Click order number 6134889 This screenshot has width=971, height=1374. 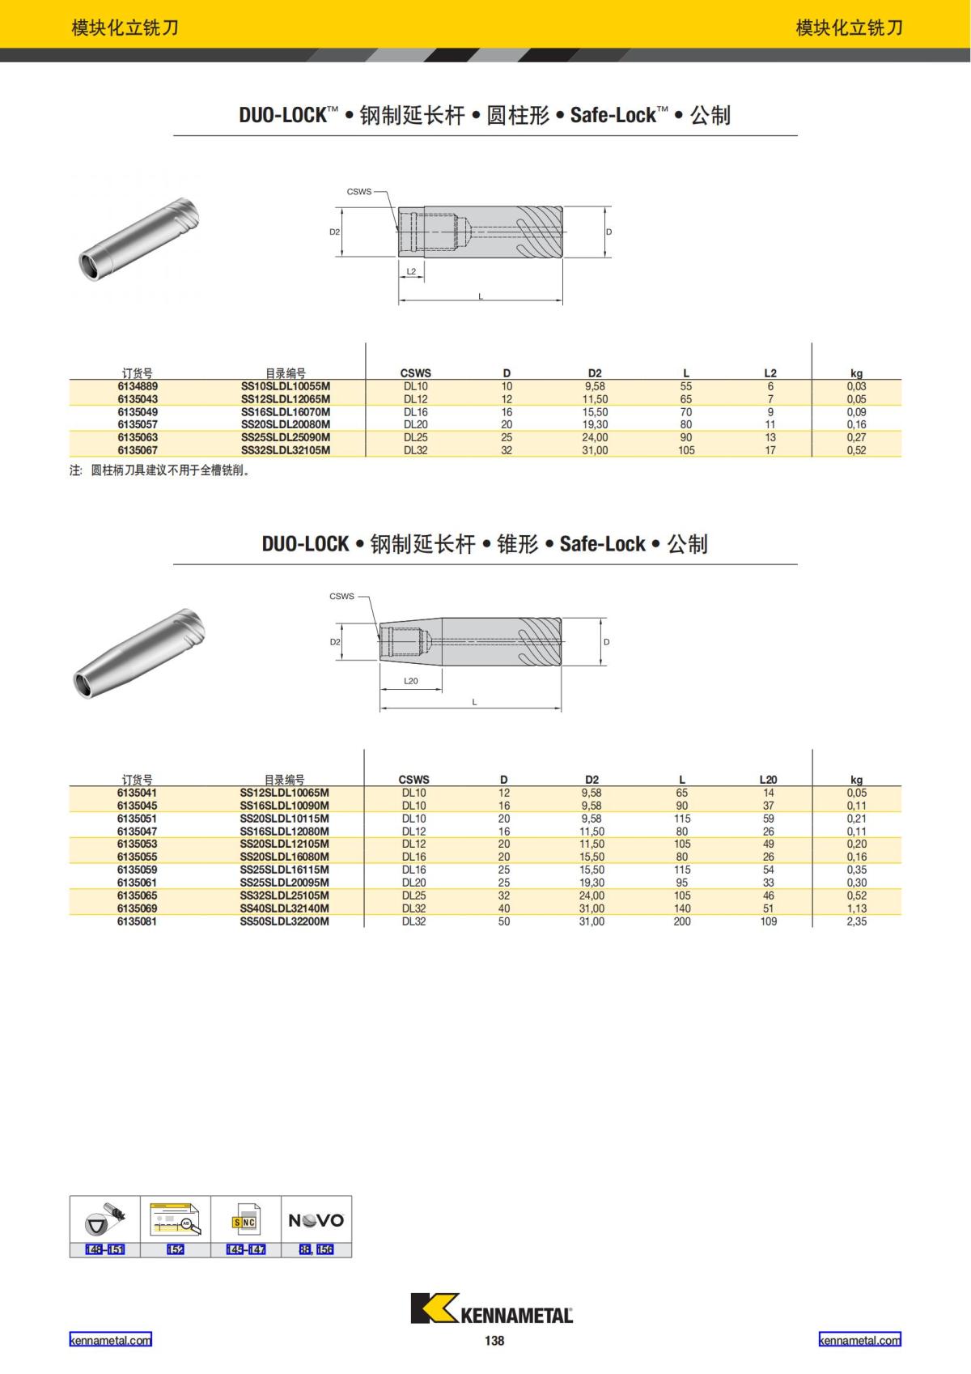click(x=138, y=386)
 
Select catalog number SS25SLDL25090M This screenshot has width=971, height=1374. click(x=285, y=437)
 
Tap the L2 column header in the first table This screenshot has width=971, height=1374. click(x=770, y=373)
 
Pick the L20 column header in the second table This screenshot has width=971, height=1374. click(x=768, y=780)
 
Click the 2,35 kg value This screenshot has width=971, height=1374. click(x=856, y=921)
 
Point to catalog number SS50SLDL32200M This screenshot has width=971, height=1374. click(x=285, y=921)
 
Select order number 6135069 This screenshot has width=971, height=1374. click(x=137, y=908)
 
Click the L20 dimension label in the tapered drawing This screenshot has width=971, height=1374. click(x=411, y=681)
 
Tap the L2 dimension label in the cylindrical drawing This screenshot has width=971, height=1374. click(x=411, y=271)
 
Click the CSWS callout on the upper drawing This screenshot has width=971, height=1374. click(x=359, y=191)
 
